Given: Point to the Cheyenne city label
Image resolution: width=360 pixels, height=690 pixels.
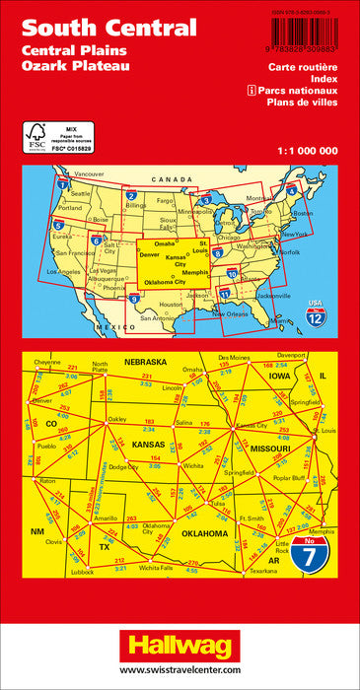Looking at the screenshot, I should click(47, 363).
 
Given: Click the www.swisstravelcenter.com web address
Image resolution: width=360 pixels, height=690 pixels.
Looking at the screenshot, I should click(180, 672).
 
